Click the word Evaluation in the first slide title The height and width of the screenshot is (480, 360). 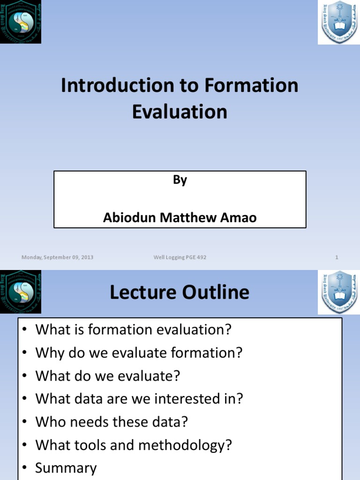180,112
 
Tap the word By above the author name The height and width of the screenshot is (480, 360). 180,180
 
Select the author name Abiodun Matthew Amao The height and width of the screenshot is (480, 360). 180,218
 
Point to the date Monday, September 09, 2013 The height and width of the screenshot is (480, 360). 57,257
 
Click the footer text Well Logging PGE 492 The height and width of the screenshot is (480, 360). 180,257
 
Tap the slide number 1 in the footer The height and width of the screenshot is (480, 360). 337,257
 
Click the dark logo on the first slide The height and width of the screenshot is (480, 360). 21,22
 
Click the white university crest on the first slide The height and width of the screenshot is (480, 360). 338,22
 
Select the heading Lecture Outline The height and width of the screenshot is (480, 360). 180,292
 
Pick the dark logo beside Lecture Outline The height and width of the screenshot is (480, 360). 21,292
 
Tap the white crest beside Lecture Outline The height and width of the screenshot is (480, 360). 338,292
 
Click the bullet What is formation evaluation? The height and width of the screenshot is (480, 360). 134,330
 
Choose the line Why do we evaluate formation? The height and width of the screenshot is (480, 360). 139,352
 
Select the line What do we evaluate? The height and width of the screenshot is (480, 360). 108,376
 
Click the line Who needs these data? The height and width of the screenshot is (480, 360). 112,422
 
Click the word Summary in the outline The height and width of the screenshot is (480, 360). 66,468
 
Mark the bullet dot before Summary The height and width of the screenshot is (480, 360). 25,468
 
